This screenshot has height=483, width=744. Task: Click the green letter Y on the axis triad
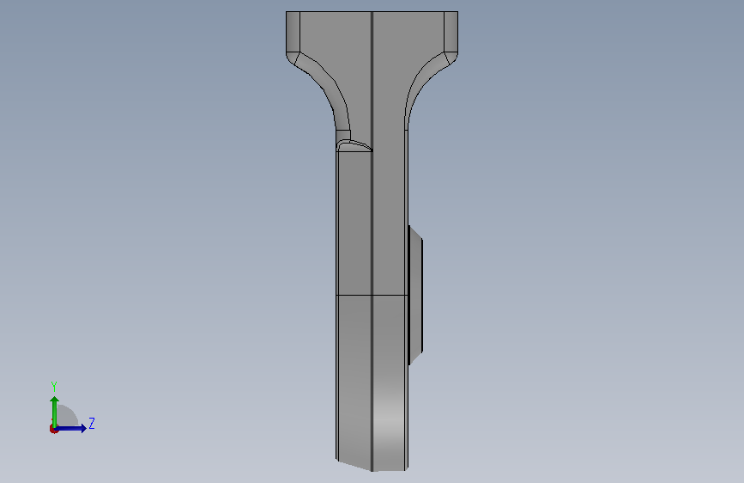tap(54, 386)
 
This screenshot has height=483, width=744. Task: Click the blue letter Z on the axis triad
tap(92, 423)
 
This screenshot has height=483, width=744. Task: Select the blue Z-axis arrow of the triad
tap(70, 428)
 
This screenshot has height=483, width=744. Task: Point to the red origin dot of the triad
tap(53, 429)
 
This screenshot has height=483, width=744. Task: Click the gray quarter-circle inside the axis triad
tap(66, 416)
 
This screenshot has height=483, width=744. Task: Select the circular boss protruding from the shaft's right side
tap(415, 296)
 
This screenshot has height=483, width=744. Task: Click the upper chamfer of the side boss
tap(415, 234)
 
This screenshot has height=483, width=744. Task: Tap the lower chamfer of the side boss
tap(415, 358)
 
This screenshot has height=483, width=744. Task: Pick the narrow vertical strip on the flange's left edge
tap(293, 32)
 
